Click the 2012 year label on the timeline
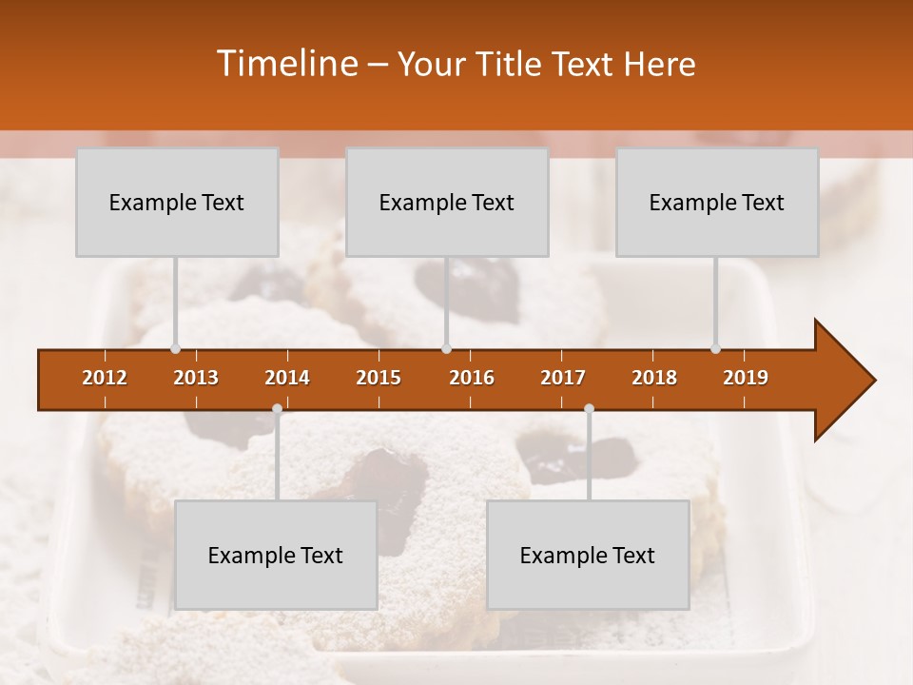pos(105,378)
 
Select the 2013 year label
pos(196,378)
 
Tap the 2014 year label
pos(287,378)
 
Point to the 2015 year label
pos(379,378)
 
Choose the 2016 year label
pos(472,378)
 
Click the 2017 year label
pos(563,378)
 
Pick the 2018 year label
pos(654,378)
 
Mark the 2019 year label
pos(746,378)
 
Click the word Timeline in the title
pos(286,64)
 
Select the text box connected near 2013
pos(177,203)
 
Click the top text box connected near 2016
pos(447,203)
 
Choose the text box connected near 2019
pos(717,203)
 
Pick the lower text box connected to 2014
pos(276,556)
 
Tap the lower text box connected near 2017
pos(588,556)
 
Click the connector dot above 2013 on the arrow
pos(175,348)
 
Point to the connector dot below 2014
pos(277,409)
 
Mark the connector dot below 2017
pos(589,409)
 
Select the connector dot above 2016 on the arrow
pos(446,348)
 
